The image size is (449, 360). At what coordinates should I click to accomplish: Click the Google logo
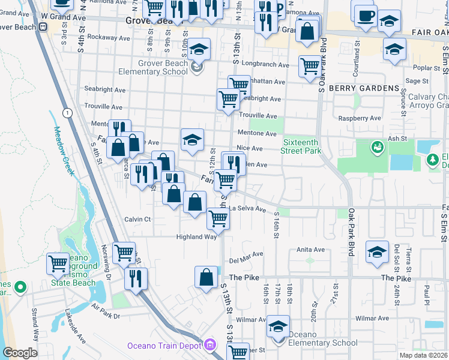20,353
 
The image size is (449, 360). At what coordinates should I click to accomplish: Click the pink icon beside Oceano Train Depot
209,345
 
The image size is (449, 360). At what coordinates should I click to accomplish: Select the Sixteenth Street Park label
301,146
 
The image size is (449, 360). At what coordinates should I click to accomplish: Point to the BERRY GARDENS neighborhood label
364,88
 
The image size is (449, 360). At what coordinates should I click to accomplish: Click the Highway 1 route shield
67,113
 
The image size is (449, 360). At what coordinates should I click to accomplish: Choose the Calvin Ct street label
137,219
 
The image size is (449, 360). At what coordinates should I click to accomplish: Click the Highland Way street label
196,237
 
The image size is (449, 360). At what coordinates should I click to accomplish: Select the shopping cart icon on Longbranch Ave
310,66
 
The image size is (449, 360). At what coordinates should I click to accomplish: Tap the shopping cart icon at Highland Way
218,218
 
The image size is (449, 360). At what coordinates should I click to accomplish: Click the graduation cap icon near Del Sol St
378,251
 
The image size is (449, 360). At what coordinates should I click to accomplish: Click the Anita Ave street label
310,250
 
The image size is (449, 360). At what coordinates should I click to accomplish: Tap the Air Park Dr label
106,311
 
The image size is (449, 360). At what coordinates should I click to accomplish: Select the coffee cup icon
366,16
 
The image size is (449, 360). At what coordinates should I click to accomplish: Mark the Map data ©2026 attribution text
423,355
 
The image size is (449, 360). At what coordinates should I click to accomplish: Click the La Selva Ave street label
247,209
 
